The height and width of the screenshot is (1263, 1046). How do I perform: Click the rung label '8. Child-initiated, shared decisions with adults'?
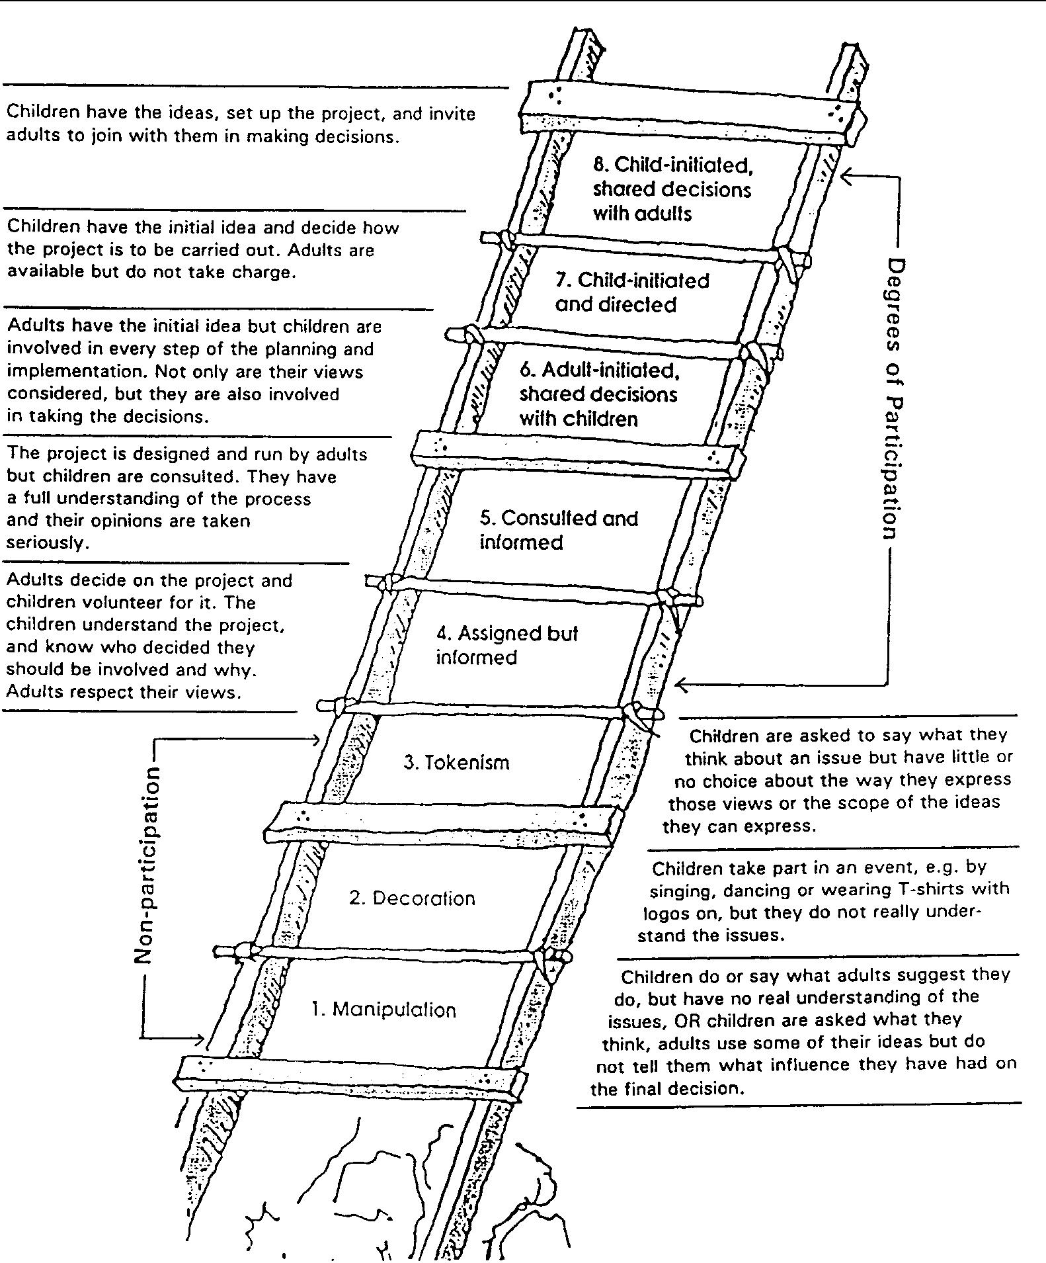(671, 189)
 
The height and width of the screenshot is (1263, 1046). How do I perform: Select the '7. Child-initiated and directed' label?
(631, 292)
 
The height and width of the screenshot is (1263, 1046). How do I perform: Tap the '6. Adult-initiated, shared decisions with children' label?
(598, 394)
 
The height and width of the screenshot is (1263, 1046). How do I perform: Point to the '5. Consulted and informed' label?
(559, 530)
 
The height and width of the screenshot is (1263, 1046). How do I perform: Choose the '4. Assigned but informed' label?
(506, 645)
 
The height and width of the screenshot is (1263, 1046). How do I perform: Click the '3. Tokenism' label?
(456, 762)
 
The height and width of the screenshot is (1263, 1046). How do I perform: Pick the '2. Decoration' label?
(412, 898)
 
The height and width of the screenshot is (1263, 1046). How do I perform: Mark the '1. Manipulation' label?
(384, 1010)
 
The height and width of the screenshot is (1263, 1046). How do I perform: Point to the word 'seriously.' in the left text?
(47, 543)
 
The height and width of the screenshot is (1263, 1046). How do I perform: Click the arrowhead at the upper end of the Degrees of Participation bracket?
(846, 175)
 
